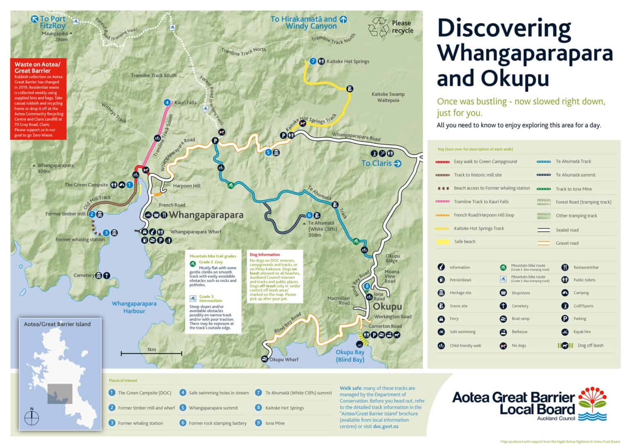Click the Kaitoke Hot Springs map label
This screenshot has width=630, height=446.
(x=347, y=62)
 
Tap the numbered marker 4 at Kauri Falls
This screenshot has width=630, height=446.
(x=167, y=102)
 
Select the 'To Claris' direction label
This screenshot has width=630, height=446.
(x=381, y=163)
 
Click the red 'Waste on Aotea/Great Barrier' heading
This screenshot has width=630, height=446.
(x=37, y=67)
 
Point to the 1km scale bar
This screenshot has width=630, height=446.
(x=151, y=353)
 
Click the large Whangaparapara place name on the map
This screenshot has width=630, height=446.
(x=206, y=215)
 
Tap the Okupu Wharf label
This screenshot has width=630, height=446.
(x=284, y=360)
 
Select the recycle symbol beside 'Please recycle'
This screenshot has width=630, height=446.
(x=378, y=28)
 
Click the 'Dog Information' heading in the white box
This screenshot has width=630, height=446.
(x=265, y=255)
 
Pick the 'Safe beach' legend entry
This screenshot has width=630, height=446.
(x=465, y=242)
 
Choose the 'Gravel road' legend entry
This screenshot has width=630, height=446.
(x=567, y=243)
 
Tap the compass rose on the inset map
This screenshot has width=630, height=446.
(x=32, y=418)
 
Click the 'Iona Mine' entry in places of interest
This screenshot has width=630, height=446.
(x=275, y=423)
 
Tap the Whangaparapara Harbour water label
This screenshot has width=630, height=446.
(x=134, y=308)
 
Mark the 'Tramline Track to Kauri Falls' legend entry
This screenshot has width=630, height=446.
(x=481, y=202)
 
